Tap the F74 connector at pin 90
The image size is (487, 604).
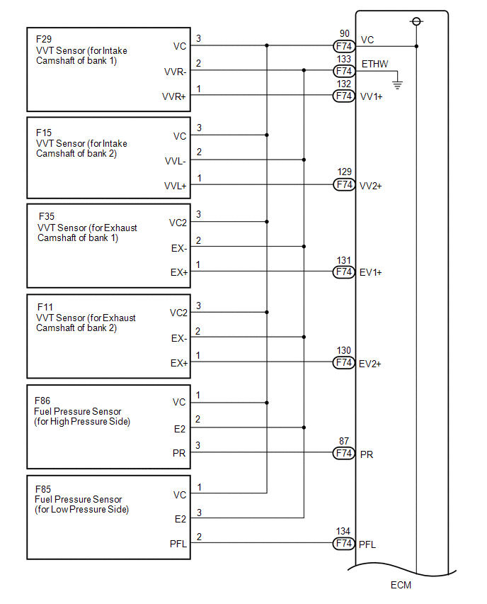pyautogui.click(x=344, y=47)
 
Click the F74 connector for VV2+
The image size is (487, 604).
pyautogui.click(x=344, y=185)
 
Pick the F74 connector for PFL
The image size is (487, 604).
pyautogui.click(x=344, y=544)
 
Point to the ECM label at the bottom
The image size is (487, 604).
pyautogui.click(x=401, y=585)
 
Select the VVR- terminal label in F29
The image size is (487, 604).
pyautogui.click(x=175, y=72)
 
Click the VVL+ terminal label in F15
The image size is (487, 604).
pyautogui.click(x=175, y=186)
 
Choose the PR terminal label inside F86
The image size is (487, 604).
pyautogui.click(x=180, y=454)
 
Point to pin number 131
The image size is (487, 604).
pyautogui.click(x=345, y=261)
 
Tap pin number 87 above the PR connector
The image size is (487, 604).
pyautogui.click(x=345, y=441)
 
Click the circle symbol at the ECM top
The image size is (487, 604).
pyautogui.click(x=416, y=21)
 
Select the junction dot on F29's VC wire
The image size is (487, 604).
pyautogui.click(x=267, y=45)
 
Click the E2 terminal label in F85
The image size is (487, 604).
pyautogui.click(x=180, y=519)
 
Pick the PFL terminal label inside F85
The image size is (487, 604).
pyautogui.click(x=177, y=544)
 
